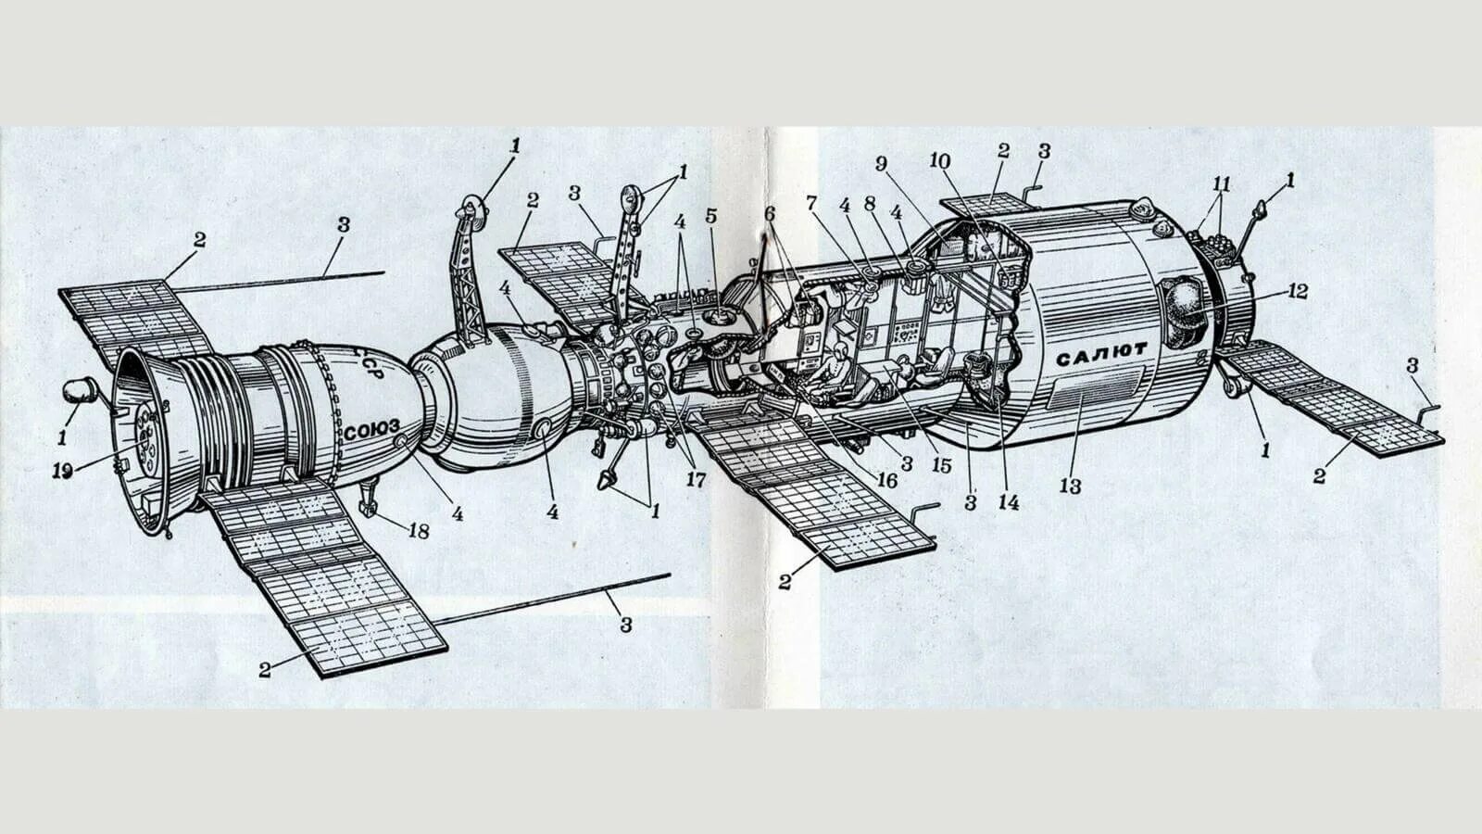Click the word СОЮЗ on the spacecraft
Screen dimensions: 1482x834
coord(370,430)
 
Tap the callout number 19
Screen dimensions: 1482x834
coord(62,472)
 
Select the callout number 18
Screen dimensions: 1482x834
coord(419,530)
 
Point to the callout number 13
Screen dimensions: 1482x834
coord(1070,486)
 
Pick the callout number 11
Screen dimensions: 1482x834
coord(1222,183)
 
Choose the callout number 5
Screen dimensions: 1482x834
coord(710,216)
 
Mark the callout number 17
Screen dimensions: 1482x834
coord(696,480)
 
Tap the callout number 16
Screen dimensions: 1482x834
coord(886,479)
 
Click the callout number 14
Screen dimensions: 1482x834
coord(1008,502)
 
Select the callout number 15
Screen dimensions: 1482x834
coord(942,465)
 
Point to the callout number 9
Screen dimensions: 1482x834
coord(882,163)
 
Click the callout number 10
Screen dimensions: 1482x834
coord(940,161)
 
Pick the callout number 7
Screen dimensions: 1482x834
coord(812,201)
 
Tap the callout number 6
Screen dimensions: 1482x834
coord(770,212)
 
